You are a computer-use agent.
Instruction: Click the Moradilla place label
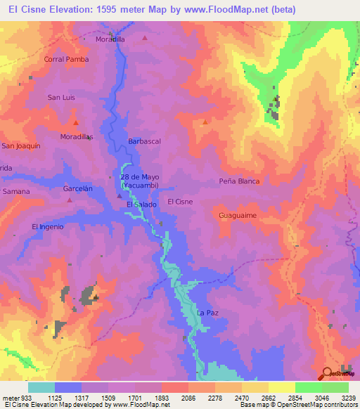coord(110,39)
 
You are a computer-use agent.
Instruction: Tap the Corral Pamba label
coord(67,60)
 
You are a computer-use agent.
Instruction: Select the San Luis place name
coord(60,97)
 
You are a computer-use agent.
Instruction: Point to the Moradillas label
coord(77,136)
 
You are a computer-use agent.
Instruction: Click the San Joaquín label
coord(20,145)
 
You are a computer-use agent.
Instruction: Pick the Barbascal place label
coord(144,141)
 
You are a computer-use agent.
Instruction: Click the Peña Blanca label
coord(239,181)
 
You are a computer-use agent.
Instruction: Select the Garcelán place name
coord(78,189)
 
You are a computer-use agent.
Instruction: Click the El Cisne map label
coord(180,202)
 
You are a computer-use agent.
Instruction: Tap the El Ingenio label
coord(48,226)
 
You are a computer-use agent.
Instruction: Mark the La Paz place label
coord(206,313)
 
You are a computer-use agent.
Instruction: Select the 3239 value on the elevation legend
coord(349,398)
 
